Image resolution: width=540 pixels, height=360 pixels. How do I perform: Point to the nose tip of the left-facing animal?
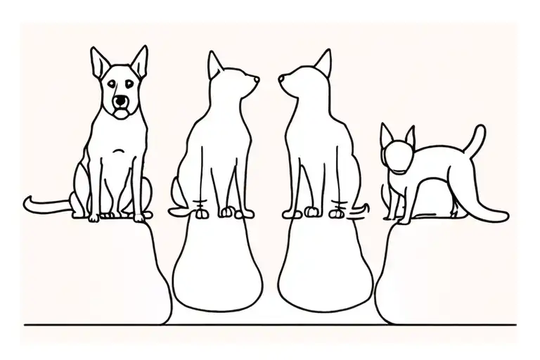pos(279,79)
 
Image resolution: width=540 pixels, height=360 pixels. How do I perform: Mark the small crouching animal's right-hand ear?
pos(409,134)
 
